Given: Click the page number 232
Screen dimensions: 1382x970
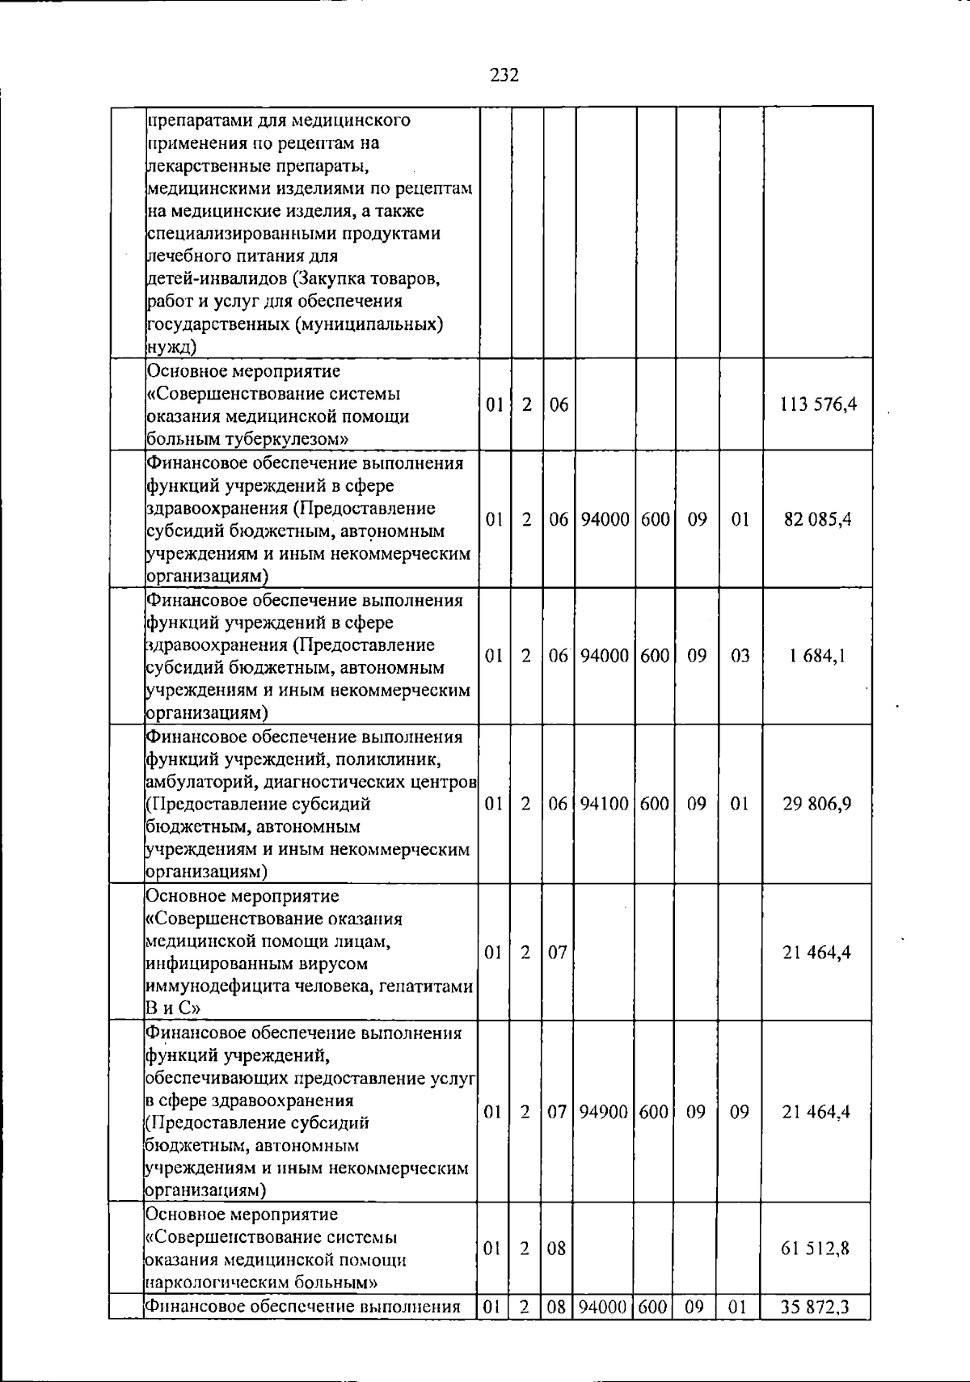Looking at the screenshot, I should (504, 75).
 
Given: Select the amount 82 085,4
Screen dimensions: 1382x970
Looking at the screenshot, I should (817, 519).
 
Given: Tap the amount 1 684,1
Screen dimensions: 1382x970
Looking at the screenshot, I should (817, 656).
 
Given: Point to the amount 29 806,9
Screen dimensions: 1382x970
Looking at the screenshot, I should (817, 804).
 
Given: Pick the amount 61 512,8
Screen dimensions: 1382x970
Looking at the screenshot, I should (817, 1249).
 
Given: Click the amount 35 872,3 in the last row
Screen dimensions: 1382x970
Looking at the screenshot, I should (817, 1307).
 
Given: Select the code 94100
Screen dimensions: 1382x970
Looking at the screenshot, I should (605, 804).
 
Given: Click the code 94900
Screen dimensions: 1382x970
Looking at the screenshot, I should (605, 1112).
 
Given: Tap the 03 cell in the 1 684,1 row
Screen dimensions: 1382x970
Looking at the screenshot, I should (740, 656).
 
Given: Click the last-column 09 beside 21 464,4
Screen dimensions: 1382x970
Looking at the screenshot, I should (740, 1112).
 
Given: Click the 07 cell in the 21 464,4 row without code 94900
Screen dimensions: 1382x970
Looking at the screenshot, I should (558, 953).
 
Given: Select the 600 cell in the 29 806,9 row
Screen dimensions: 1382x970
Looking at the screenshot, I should (656, 804).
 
